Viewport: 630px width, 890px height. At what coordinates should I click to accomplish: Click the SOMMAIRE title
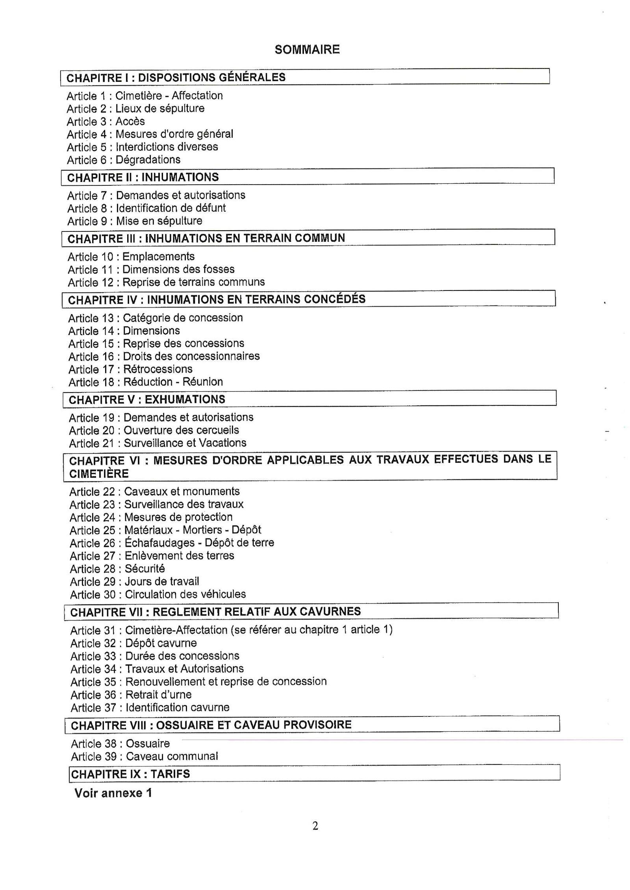(x=307, y=50)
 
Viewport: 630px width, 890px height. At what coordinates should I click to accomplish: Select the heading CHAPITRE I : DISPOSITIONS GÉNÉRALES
(x=176, y=77)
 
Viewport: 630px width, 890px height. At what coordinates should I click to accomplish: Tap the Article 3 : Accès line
(x=106, y=121)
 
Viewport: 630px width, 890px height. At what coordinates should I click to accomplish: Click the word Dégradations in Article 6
(x=148, y=160)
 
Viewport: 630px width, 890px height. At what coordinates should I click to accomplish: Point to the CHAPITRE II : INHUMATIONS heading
(x=143, y=177)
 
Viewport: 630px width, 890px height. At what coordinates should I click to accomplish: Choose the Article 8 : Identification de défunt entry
(x=146, y=208)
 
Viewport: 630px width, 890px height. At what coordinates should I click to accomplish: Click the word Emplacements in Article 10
(x=158, y=257)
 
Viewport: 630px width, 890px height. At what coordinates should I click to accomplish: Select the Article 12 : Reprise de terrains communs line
(x=166, y=282)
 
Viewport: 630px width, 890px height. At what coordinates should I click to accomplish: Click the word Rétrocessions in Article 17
(x=158, y=369)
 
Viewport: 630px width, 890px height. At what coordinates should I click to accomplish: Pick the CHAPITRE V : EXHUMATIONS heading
(x=147, y=400)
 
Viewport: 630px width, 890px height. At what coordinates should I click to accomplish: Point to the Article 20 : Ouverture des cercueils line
(x=154, y=430)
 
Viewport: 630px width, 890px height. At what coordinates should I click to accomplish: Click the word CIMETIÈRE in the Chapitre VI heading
(x=99, y=474)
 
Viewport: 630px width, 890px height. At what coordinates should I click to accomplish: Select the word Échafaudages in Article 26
(x=159, y=543)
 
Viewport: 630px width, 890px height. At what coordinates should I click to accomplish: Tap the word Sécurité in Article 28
(x=145, y=568)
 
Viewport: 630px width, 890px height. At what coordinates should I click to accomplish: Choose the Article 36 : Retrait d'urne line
(x=131, y=695)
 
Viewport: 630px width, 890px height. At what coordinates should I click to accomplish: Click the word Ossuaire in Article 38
(x=148, y=744)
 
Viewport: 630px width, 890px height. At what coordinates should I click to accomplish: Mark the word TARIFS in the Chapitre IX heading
(x=170, y=774)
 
